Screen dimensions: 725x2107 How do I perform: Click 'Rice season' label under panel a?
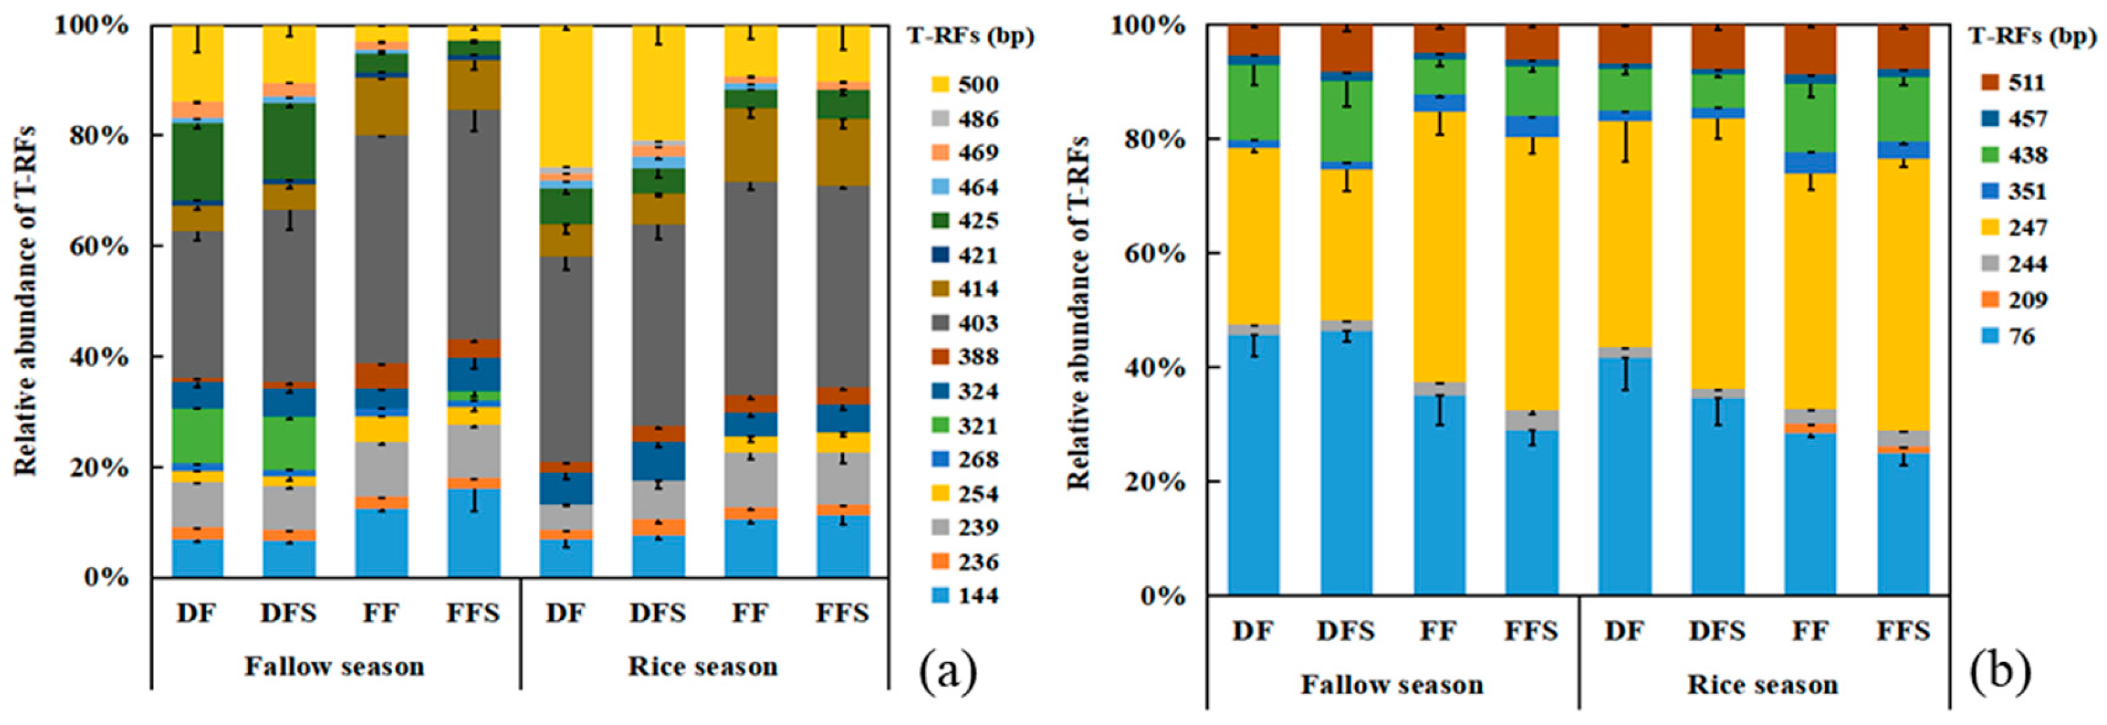click(x=702, y=666)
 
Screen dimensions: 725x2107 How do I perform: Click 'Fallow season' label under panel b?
click(x=1392, y=684)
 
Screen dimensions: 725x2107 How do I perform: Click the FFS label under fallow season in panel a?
click(x=473, y=613)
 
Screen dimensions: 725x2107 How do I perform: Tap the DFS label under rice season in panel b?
click(x=1717, y=631)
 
